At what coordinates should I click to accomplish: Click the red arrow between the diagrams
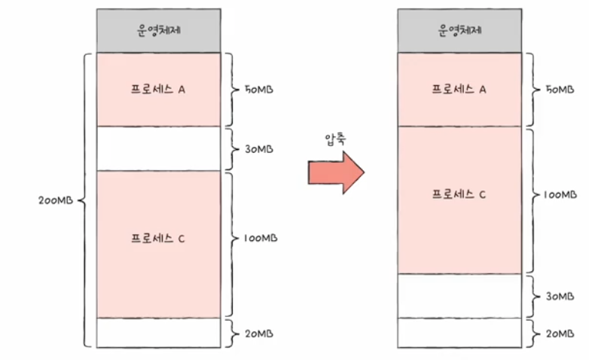click(x=335, y=172)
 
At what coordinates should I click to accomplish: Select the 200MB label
click(x=54, y=201)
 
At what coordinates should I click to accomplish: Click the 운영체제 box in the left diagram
click(x=159, y=31)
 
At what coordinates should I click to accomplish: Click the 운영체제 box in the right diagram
click(x=459, y=31)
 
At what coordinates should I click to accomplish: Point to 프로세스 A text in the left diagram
click(x=158, y=89)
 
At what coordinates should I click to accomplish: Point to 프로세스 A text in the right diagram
click(x=459, y=89)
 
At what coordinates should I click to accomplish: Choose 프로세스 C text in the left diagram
click(x=158, y=239)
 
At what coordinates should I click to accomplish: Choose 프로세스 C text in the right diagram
click(x=459, y=194)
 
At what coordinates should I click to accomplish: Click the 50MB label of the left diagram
click(x=258, y=89)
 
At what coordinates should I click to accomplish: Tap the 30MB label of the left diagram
click(x=258, y=148)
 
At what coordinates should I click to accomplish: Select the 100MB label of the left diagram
click(x=261, y=238)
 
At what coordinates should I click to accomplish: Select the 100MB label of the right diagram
click(x=561, y=194)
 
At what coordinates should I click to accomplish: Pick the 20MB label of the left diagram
click(x=258, y=333)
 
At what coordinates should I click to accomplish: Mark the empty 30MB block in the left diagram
click(x=159, y=148)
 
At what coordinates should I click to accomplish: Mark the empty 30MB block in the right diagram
click(x=459, y=295)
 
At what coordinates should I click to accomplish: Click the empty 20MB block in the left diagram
click(x=159, y=332)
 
